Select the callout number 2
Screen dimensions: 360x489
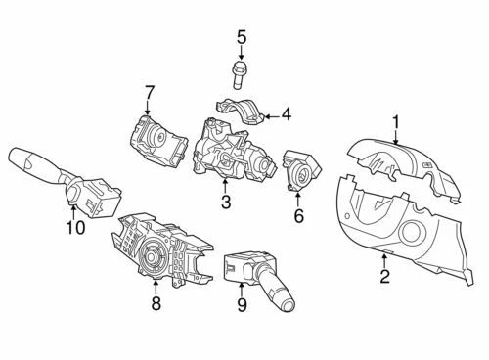coord(384,277)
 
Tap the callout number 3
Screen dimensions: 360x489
coord(226,202)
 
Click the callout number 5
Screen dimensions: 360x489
coord(241,39)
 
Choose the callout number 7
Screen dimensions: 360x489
coord(150,93)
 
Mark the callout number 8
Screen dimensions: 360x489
coord(155,305)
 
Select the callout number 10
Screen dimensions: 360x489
coord(75,228)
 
